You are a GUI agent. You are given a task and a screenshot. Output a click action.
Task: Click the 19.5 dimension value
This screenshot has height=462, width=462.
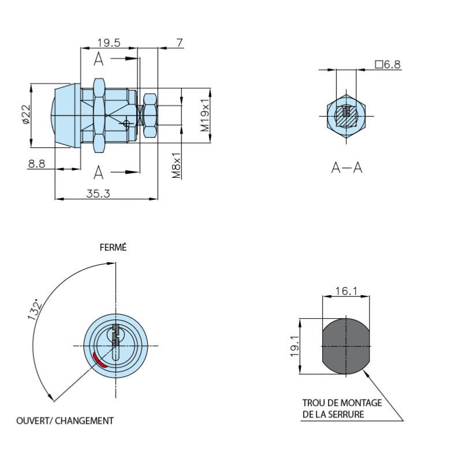point(109,43)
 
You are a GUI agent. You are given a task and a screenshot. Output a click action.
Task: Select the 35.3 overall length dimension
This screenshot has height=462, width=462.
point(98,193)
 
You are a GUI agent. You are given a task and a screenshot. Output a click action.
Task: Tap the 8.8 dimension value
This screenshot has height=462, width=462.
point(37,163)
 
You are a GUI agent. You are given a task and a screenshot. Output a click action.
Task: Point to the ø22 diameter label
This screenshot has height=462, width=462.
point(26,114)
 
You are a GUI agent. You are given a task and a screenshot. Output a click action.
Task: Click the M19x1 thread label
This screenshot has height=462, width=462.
point(205,115)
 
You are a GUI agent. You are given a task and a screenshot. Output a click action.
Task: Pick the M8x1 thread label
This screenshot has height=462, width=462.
point(176,165)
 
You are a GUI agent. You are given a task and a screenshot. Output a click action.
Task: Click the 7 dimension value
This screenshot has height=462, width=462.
point(180,43)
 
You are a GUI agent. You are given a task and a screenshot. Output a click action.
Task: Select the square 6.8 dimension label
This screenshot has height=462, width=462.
point(388,64)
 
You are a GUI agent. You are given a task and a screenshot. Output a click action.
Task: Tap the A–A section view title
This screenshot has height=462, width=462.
point(347,167)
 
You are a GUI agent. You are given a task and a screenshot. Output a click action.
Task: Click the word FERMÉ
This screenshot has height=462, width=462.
point(113,247)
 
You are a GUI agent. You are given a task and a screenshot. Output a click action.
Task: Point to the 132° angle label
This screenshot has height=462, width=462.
point(35,310)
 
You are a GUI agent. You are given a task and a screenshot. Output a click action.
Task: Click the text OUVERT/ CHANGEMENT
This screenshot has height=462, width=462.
point(65,420)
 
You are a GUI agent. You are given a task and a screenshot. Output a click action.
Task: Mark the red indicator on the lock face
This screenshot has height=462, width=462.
point(99,360)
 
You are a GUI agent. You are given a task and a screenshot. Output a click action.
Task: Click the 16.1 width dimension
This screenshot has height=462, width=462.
point(346,291)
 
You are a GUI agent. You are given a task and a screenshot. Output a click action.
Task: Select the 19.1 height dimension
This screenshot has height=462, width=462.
point(295,346)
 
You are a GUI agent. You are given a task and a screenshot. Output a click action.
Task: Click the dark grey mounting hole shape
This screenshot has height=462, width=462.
point(346,346)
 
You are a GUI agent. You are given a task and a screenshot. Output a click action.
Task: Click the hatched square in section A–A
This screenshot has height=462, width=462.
point(346,116)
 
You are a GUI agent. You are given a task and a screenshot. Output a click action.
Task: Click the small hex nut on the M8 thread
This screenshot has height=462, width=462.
point(150,115)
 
